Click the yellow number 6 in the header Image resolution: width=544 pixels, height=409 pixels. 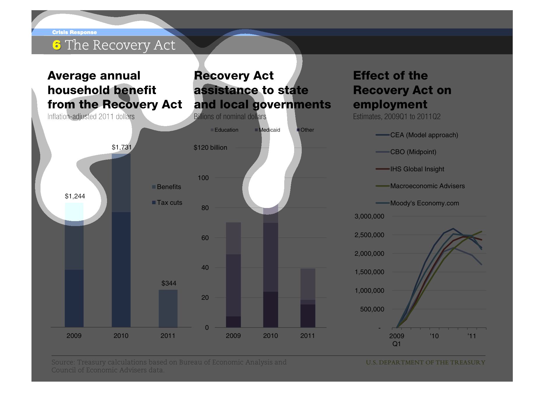(57, 45)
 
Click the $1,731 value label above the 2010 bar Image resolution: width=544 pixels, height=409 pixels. (122, 147)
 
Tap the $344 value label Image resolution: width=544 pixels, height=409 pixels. (169, 283)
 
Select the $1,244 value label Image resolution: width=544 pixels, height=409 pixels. (75, 196)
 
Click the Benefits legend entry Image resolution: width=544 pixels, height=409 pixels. (166, 187)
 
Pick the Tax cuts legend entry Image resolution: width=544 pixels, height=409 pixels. (167, 202)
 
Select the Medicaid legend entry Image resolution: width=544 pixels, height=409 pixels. (267, 130)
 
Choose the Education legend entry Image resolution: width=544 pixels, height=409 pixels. (224, 130)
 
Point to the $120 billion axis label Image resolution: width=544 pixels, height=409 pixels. (210, 147)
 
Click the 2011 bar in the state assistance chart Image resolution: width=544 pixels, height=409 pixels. (308, 298)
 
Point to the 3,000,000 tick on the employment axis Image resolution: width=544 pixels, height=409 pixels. (369, 216)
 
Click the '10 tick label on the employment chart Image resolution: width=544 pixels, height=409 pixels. (434, 336)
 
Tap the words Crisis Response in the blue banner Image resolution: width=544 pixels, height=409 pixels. (74, 32)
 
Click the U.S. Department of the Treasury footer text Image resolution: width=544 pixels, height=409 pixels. (425, 362)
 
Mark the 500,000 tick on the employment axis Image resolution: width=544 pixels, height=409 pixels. (372, 309)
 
